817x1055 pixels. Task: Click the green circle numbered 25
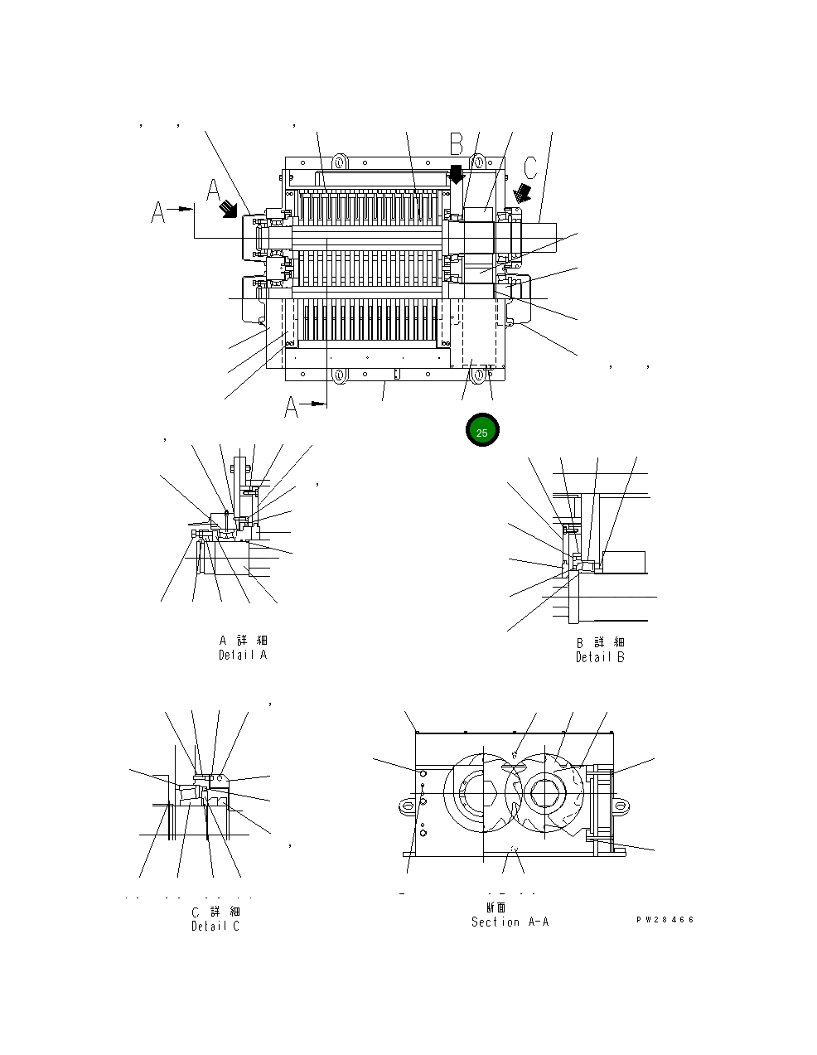pyautogui.click(x=482, y=432)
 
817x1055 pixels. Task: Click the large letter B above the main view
pyautogui.click(x=457, y=144)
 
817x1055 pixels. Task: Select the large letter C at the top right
pyautogui.click(x=530, y=167)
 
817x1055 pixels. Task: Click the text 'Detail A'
pyautogui.click(x=242, y=655)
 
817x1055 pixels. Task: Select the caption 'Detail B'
pyautogui.click(x=600, y=657)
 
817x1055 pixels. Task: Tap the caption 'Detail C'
pyautogui.click(x=215, y=926)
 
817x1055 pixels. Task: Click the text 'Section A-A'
pyautogui.click(x=510, y=922)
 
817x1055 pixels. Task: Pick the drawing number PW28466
pyautogui.click(x=665, y=920)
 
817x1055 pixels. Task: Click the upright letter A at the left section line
pyautogui.click(x=158, y=213)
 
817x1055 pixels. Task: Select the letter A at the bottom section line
pyautogui.click(x=292, y=407)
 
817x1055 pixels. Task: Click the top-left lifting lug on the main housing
pyautogui.click(x=339, y=160)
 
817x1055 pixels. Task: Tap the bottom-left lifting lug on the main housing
pyautogui.click(x=339, y=376)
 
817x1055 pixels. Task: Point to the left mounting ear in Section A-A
pyautogui.click(x=406, y=805)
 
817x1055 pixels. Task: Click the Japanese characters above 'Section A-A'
pyautogui.click(x=496, y=907)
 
